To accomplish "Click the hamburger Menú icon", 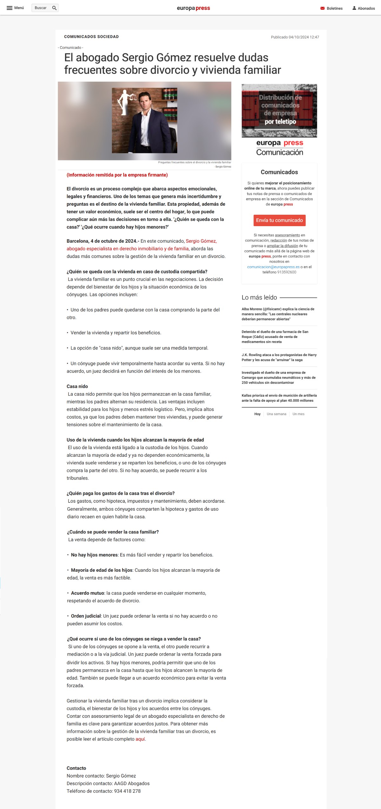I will point(10,8).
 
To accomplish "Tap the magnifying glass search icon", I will point(54,8).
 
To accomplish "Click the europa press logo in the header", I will point(193,8).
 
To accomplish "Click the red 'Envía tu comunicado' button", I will point(279,220).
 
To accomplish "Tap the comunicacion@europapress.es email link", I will point(273,267).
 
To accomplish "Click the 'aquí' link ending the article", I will point(140,739).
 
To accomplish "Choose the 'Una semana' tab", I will point(276,414).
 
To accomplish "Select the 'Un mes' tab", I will point(298,414).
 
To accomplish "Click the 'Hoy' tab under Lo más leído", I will point(257,414).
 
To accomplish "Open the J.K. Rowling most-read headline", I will point(279,357).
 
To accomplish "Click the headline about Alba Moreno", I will point(278,314).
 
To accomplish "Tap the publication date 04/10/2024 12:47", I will point(295,37).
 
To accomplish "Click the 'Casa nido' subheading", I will point(77,386).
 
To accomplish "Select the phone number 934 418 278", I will point(127,791).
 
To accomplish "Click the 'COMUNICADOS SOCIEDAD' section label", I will point(91,37).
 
